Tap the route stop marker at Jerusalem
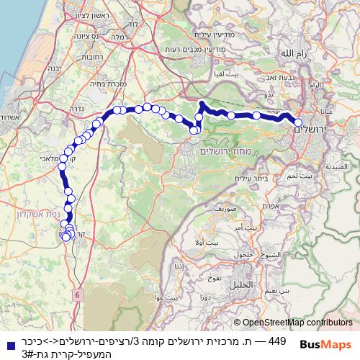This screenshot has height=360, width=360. point(298,122)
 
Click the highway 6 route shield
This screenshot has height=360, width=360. point(77,294)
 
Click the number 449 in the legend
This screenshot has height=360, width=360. point(277,340)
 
